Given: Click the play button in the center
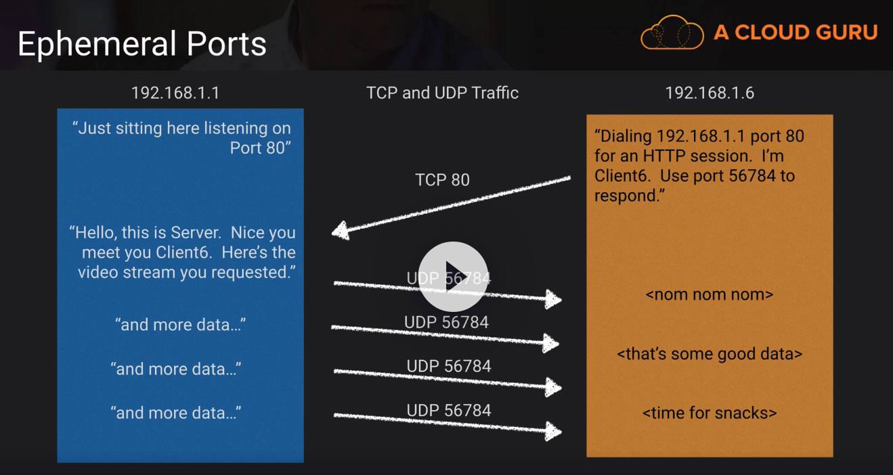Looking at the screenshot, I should [x=453, y=276].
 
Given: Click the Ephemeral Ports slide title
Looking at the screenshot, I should [x=141, y=44].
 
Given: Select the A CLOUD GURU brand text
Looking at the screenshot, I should [x=796, y=32].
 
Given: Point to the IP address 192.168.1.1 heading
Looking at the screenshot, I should [x=175, y=93].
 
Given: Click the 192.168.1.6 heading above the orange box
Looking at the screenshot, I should [x=710, y=93].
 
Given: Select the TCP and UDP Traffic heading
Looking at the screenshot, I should [x=442, y=93].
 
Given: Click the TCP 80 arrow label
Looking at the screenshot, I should [x=442, y=180].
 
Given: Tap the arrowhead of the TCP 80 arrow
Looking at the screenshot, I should [x=341, y=231].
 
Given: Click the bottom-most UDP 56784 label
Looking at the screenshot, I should [x=448, y=410].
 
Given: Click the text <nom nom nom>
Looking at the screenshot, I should [x=710, y=295].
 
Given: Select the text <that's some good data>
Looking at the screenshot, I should [x=710, y=354].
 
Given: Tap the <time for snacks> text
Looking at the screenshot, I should [x=710, y=413].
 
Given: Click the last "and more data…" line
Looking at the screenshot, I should [x=176, y=413].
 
